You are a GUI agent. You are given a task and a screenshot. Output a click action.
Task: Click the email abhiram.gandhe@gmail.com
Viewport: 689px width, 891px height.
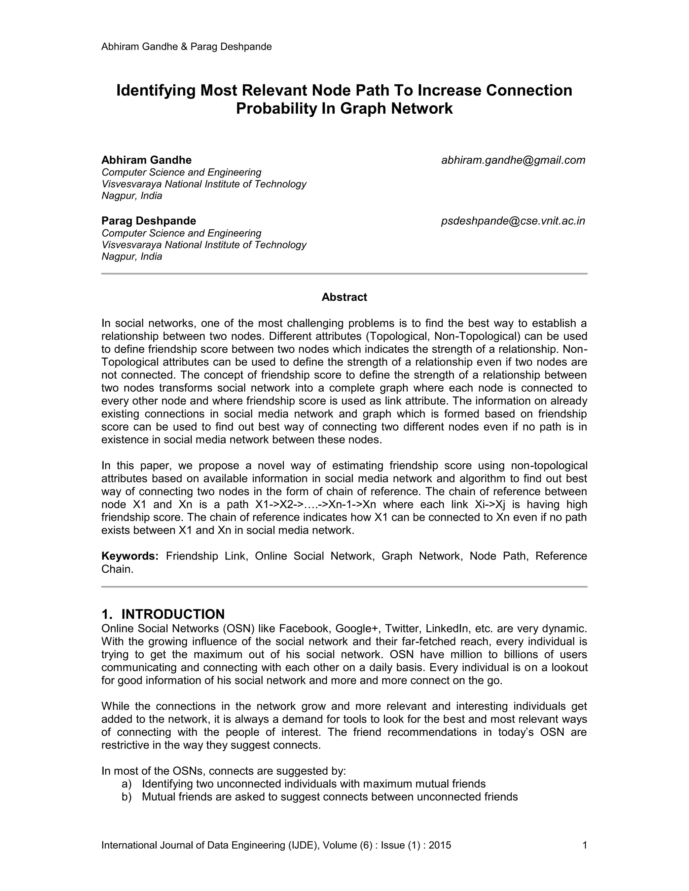pos(513,160)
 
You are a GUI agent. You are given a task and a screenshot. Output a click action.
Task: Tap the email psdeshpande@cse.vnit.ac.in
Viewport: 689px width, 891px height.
pos(513,221)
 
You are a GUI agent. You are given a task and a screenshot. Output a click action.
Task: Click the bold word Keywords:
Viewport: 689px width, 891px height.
pos(130,556)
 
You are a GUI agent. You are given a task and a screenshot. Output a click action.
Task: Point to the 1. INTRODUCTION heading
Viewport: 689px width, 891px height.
pos(163,614)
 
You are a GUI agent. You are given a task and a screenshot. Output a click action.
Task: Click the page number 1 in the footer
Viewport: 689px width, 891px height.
pos(584,845)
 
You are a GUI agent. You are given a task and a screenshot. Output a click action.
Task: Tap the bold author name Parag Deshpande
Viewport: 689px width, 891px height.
pos(149,221)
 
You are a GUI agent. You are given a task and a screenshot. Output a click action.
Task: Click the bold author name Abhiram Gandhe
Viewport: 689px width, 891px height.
pos(146,160)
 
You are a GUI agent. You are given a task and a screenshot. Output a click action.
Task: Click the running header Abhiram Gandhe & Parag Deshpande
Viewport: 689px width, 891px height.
pos(186,46)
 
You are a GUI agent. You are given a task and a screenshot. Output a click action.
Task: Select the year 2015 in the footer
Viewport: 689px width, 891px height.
pos(440,845)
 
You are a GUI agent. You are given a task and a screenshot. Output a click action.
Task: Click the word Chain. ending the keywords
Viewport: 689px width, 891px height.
pos(117,569)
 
